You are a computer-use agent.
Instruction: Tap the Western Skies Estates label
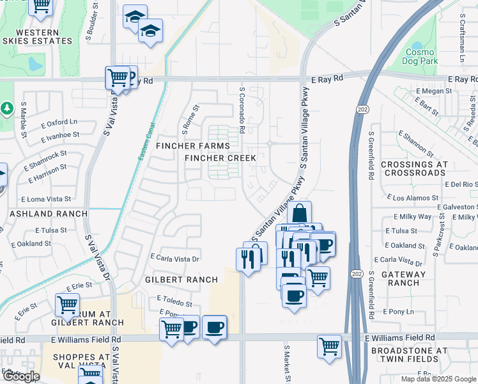[36, 36]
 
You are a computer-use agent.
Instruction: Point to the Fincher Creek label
[220, 158]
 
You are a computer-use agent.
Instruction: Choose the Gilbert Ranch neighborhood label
[181, 280]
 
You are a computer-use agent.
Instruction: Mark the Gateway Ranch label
[404, 278]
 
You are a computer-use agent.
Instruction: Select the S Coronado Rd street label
[242, 111]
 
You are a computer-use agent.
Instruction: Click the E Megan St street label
[434, 92]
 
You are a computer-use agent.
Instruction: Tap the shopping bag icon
[299, 213]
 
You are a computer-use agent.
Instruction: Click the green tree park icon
[6, 109]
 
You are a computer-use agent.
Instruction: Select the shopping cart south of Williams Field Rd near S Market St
[329, 346]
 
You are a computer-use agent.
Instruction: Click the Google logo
[20, 376]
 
